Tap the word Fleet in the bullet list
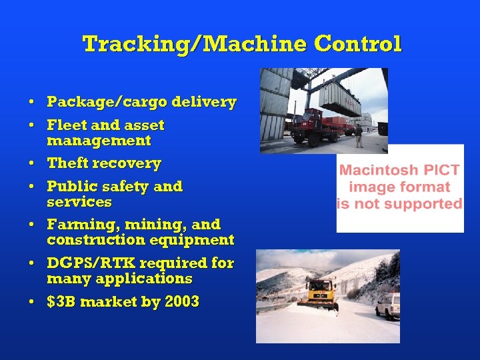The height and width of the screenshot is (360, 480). point(64,125)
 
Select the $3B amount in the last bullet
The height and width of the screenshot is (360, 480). point(60,302)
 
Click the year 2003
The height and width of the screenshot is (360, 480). point(181,302)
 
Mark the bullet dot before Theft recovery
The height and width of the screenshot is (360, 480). point(32,164)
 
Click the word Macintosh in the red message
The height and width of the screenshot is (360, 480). point(379,171)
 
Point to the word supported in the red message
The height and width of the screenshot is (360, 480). point(424,204)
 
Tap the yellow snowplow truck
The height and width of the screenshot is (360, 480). point(319,293)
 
